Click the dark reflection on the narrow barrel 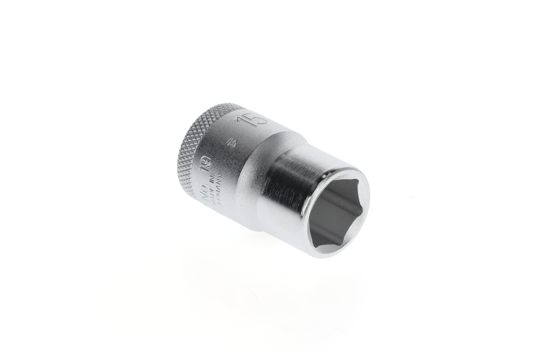pos(283,181)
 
